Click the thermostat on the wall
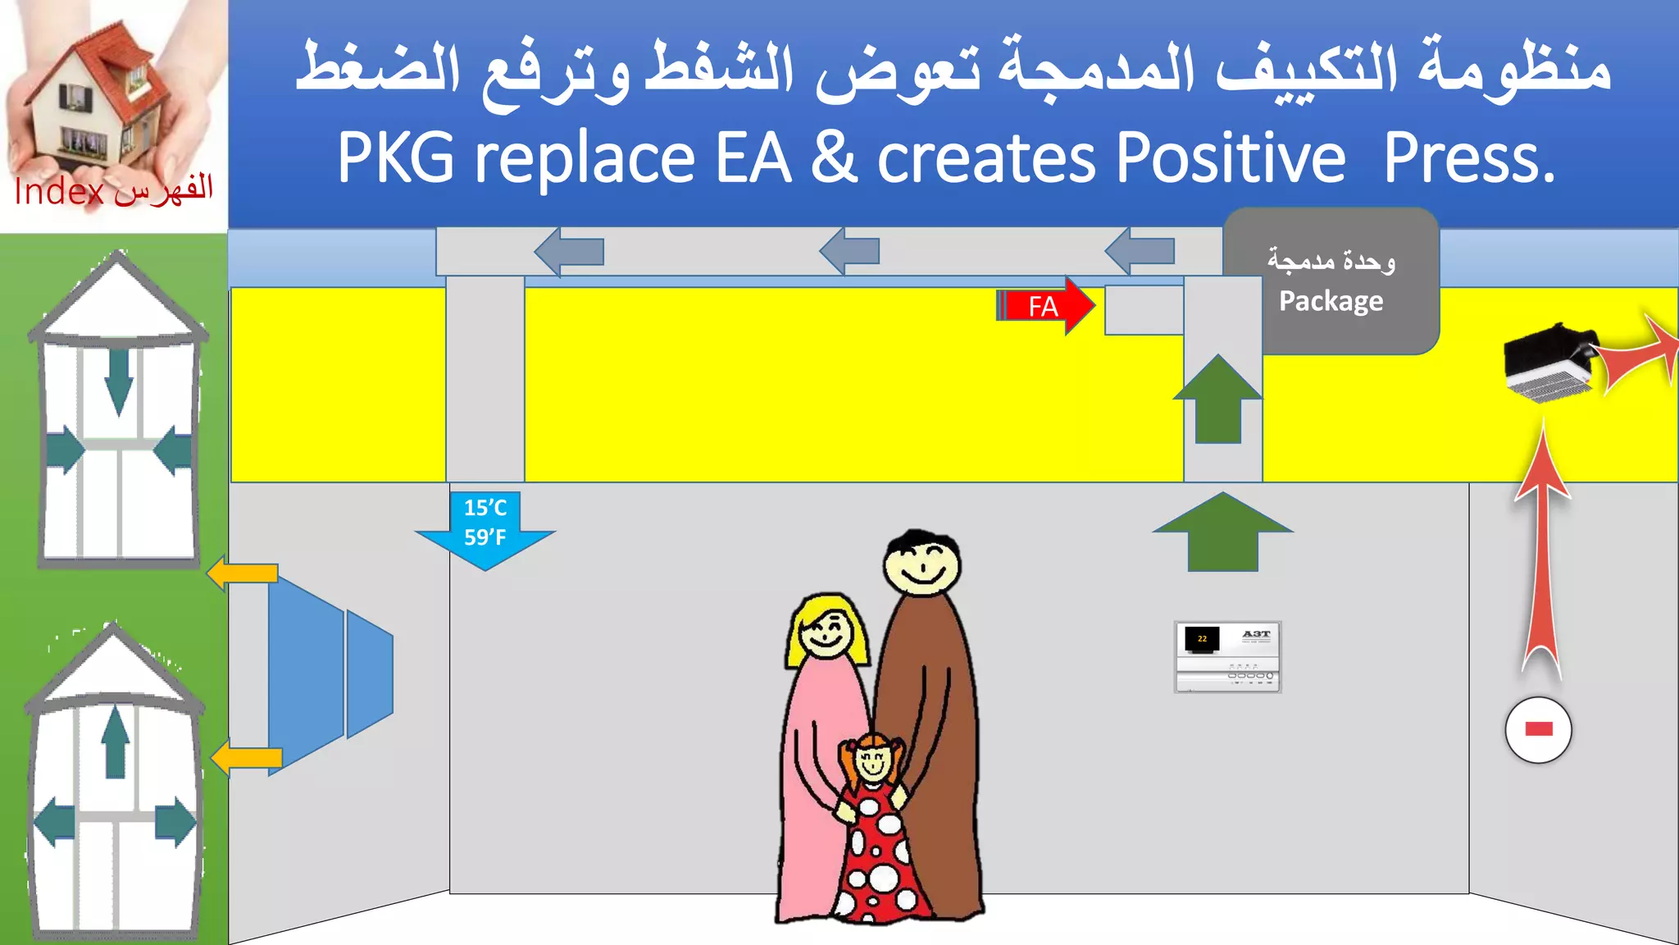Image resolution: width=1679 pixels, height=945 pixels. (x=1227, y=656)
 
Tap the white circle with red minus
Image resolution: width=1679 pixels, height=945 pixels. (x=1538, y=729)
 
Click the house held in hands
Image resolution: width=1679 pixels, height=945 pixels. (x=98, y=94)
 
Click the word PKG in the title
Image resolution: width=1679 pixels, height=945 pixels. (x=395, y=157)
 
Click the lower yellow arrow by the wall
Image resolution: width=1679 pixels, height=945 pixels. (x=247, y=757)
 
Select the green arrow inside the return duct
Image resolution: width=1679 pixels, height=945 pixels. (x=1218, y=399)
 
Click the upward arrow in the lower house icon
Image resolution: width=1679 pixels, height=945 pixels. (x=116, y=742)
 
